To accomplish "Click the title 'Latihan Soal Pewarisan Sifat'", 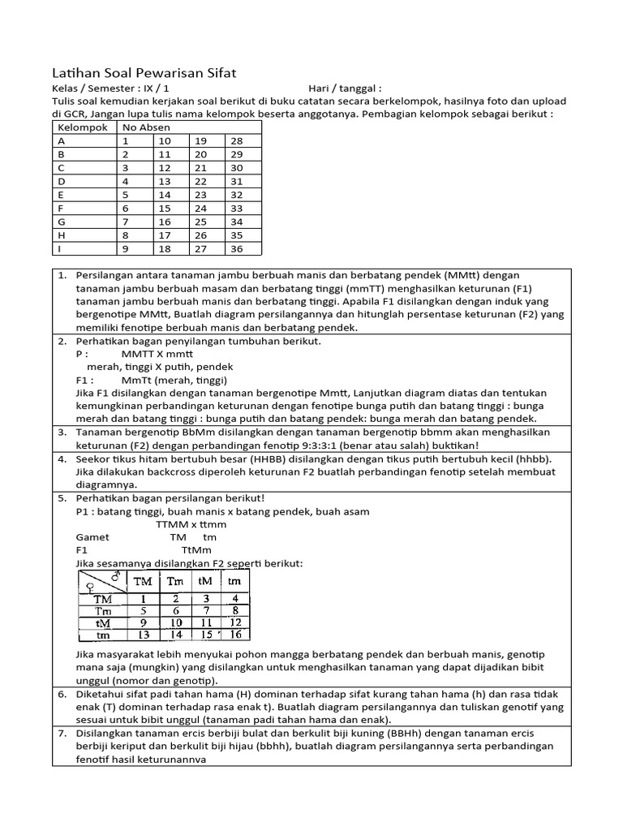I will [x=144, y=73].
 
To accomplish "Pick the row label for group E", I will [x=61, y=195].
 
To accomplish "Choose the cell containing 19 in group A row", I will [x=200, y=141].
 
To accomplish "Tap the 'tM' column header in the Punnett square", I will [x=204, y=581].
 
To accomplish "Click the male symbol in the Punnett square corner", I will [x=118, y=576].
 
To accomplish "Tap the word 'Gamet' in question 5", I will [x=92, y=537].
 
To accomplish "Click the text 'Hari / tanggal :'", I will [x=345, y=88].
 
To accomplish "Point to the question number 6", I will [x=62, y=694].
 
